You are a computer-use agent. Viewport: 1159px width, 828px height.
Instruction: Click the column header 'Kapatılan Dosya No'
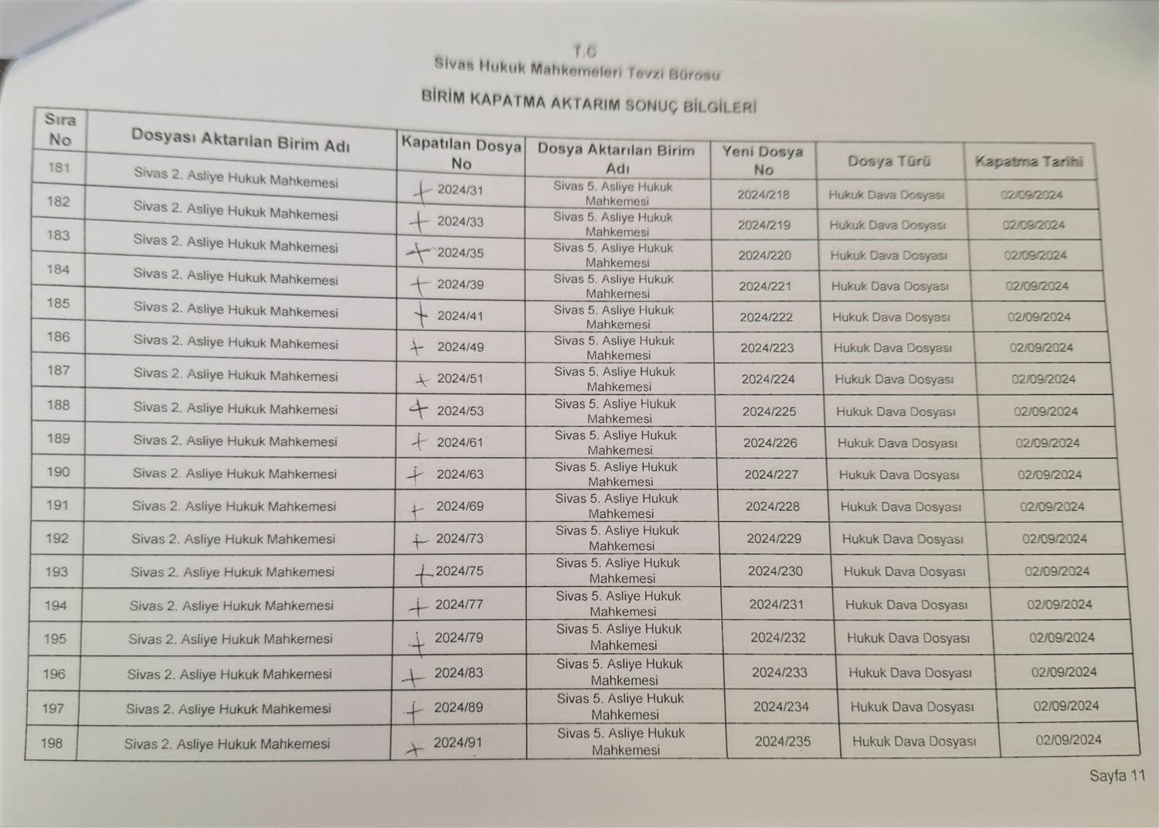tap(461, 154)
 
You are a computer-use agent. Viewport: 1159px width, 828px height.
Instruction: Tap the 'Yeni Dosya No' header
tap(763, 160)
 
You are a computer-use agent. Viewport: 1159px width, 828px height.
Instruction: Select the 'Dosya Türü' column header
tap(889, 162)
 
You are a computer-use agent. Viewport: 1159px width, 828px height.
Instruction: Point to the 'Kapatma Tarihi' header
tap(1029, 162)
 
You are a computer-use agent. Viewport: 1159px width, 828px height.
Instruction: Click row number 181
tap(59, 167)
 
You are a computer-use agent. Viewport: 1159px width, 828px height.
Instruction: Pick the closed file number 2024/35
tap(461, 253)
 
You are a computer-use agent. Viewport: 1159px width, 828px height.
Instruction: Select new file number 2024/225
tap(769, 411)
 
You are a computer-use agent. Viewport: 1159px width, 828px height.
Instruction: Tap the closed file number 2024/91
tap(457, 742)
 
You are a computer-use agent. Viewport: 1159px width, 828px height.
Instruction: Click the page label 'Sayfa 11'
tap(1117, 775)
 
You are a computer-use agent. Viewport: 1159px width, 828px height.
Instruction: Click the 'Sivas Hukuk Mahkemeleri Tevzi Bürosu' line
tap(576, 70)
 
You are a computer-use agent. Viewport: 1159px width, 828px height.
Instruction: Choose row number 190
tap(58, 472)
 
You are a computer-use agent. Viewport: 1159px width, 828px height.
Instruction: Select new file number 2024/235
tap(783, 741)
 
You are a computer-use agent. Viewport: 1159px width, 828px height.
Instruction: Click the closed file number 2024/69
tap(460, 506)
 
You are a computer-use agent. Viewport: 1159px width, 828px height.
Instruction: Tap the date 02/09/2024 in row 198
tap(1069, 739)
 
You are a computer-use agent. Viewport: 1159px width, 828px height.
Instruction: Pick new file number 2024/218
tap(763, 195)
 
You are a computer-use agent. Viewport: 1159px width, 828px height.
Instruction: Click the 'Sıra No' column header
tap(59, 129)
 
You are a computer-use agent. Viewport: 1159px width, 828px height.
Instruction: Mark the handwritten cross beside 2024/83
tap(413, 678)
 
